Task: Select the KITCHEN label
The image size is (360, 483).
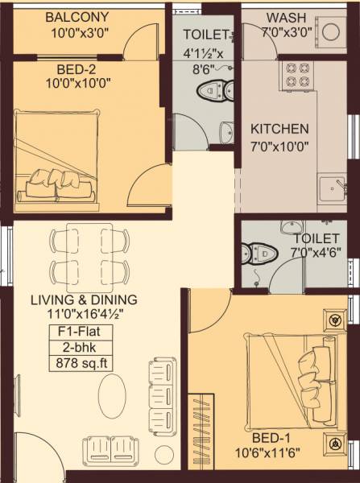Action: [x=279, y=129]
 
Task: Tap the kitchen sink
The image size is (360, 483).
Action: [x=331, y=190]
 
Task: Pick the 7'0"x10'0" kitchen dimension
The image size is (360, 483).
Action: [x=279, y=146]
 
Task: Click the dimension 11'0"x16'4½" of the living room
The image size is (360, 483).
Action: [x=83, y=315]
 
